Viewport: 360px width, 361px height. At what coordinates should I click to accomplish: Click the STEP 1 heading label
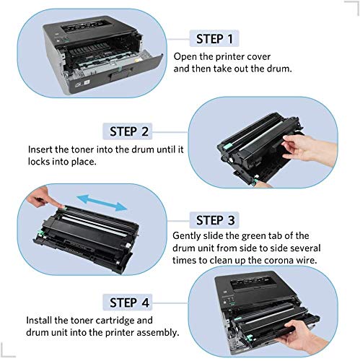pos(214,38)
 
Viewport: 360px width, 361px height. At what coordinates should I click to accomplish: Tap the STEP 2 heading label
pos(128,131)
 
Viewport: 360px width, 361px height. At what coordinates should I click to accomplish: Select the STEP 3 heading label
pos(214,220)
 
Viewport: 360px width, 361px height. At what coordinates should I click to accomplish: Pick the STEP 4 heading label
pos(128,303)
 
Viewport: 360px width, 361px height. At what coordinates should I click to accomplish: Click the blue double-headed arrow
pos(102,203)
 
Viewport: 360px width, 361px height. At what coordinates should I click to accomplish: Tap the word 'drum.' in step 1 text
pos(279,69)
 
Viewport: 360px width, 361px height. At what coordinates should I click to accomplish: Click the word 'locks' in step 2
pos(39,162)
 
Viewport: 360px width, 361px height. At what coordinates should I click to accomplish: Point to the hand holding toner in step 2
pos(309,148)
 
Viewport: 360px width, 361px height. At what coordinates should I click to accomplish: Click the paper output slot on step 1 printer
pos(87,26)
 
